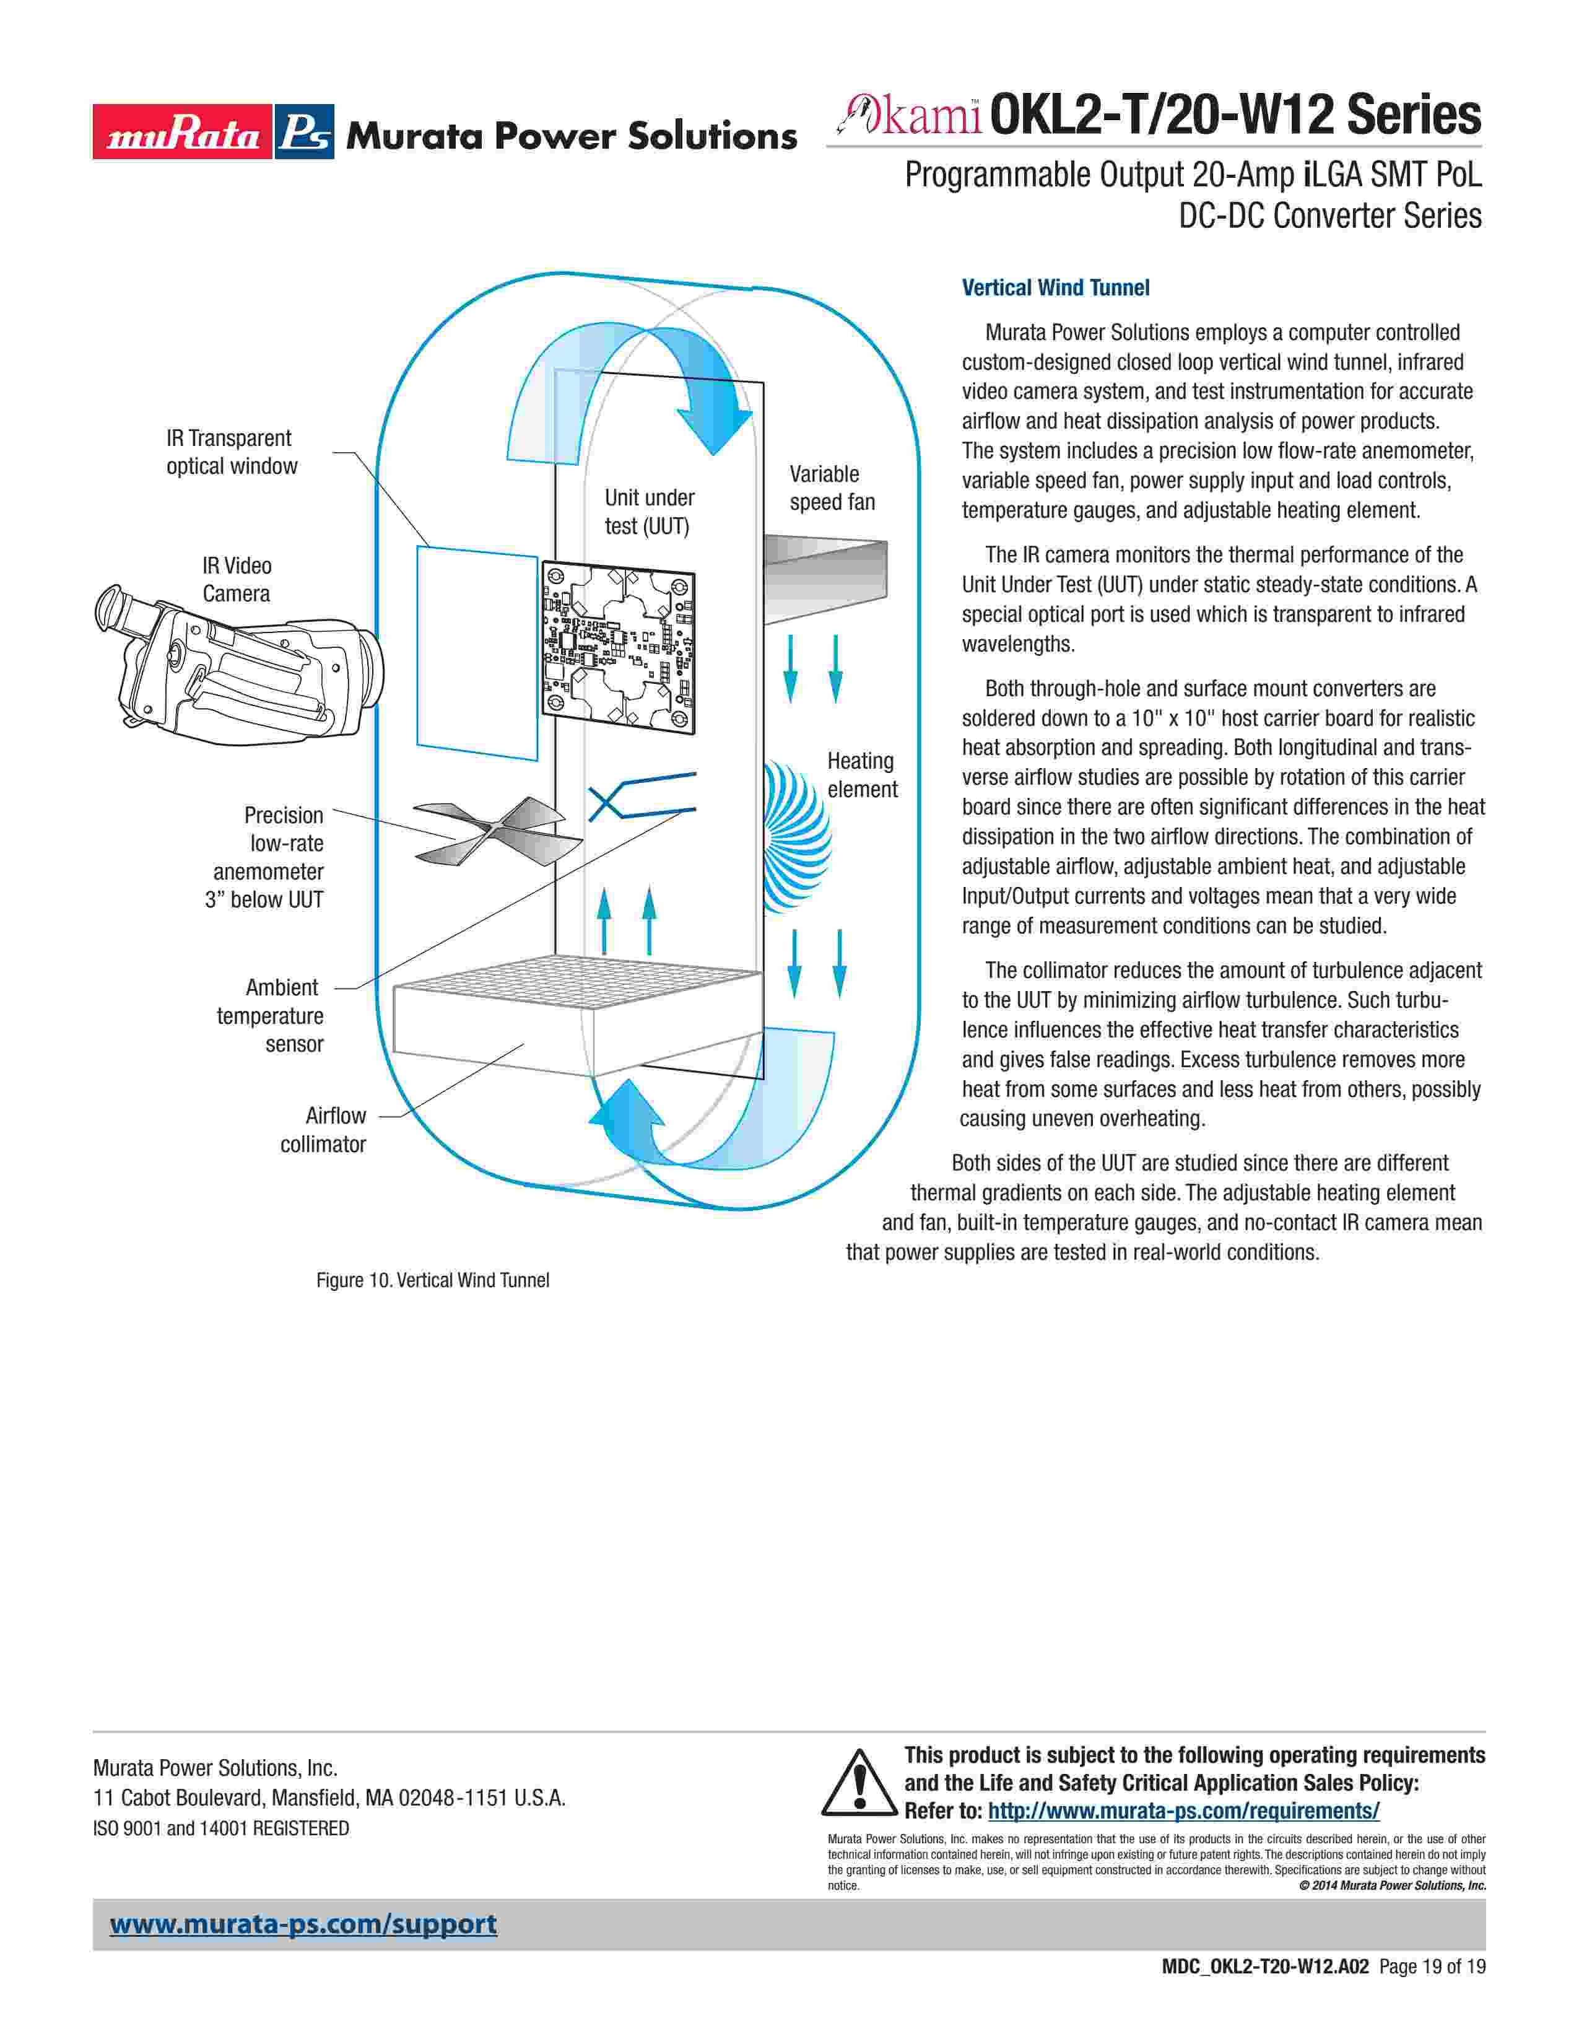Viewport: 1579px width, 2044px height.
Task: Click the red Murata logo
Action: [x=181, y=132]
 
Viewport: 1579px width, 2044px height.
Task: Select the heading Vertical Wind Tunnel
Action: [x=1055, y=287]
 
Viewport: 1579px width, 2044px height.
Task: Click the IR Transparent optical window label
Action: [x=231, y=452]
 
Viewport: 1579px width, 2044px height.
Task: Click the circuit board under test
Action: [x=619, y=647]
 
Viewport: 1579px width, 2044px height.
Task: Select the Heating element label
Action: [x=861, y=775]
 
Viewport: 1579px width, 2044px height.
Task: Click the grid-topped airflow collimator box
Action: [x=577, y=1015]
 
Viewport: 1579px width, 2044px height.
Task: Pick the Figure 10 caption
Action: [x=432, y=1280]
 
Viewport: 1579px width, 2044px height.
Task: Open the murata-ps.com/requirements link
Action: [x=1183, y=1811]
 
